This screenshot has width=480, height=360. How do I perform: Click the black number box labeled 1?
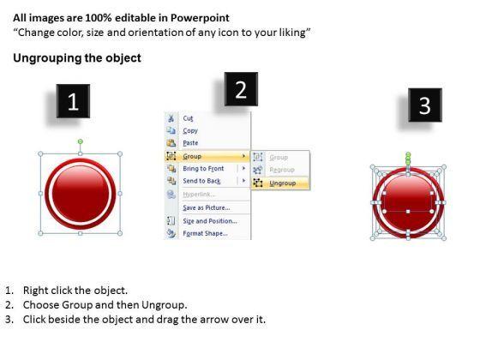point(73,101)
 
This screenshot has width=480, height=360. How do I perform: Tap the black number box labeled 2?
point(241,89)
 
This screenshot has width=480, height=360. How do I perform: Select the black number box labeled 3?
point(425,105)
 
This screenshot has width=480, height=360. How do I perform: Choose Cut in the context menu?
point(188,118)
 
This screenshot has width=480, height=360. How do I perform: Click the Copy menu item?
point(190,130)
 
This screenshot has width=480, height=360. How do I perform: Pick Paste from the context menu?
point(190,143)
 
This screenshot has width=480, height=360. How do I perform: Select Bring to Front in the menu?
point(203,169)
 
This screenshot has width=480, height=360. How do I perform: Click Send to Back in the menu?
point(201,181)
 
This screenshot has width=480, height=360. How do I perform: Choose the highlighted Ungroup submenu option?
point(283,183)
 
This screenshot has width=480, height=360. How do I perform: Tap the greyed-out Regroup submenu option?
point(282,170)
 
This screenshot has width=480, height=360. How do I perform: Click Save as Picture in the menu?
point(207,207)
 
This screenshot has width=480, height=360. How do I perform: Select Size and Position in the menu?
point(210,221)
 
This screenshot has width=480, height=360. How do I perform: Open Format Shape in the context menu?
point(205,233)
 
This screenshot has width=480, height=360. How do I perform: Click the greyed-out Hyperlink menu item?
point(199,195)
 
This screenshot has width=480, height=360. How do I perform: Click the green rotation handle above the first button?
point(81,141)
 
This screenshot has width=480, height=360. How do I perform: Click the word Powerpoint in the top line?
point(200,18)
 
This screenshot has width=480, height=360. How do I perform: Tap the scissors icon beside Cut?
point(171,118)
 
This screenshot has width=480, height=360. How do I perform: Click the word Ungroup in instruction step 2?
point(163,305)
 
